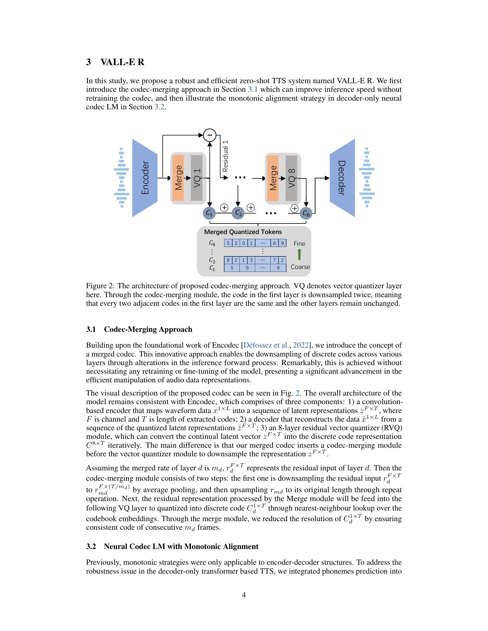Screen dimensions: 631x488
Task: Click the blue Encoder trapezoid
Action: point(145,178)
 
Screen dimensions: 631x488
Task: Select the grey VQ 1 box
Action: point(197,178)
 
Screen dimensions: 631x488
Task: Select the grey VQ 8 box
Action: point(291,178)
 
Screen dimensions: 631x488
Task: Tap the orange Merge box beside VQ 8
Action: point(273,178)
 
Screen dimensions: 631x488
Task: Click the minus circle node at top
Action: point(210,135)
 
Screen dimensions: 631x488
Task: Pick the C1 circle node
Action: point(209,213)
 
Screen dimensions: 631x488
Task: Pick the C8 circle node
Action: point(306,213)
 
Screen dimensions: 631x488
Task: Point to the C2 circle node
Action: point(238,213)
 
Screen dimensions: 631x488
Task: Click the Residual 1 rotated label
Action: point(225,156)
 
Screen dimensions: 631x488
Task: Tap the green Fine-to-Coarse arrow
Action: point(299,254)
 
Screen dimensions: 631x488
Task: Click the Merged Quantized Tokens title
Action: point(243,232)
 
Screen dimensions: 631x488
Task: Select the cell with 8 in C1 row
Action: point(278,268)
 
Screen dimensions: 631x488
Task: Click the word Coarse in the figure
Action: point(300,267)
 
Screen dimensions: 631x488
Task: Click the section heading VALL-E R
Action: point(122,62)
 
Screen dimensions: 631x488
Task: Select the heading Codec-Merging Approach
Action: point(148,329)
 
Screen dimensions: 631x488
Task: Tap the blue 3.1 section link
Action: point(253,89)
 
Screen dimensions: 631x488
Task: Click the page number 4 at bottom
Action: point(244,595)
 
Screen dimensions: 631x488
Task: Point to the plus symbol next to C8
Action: point(294,208)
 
